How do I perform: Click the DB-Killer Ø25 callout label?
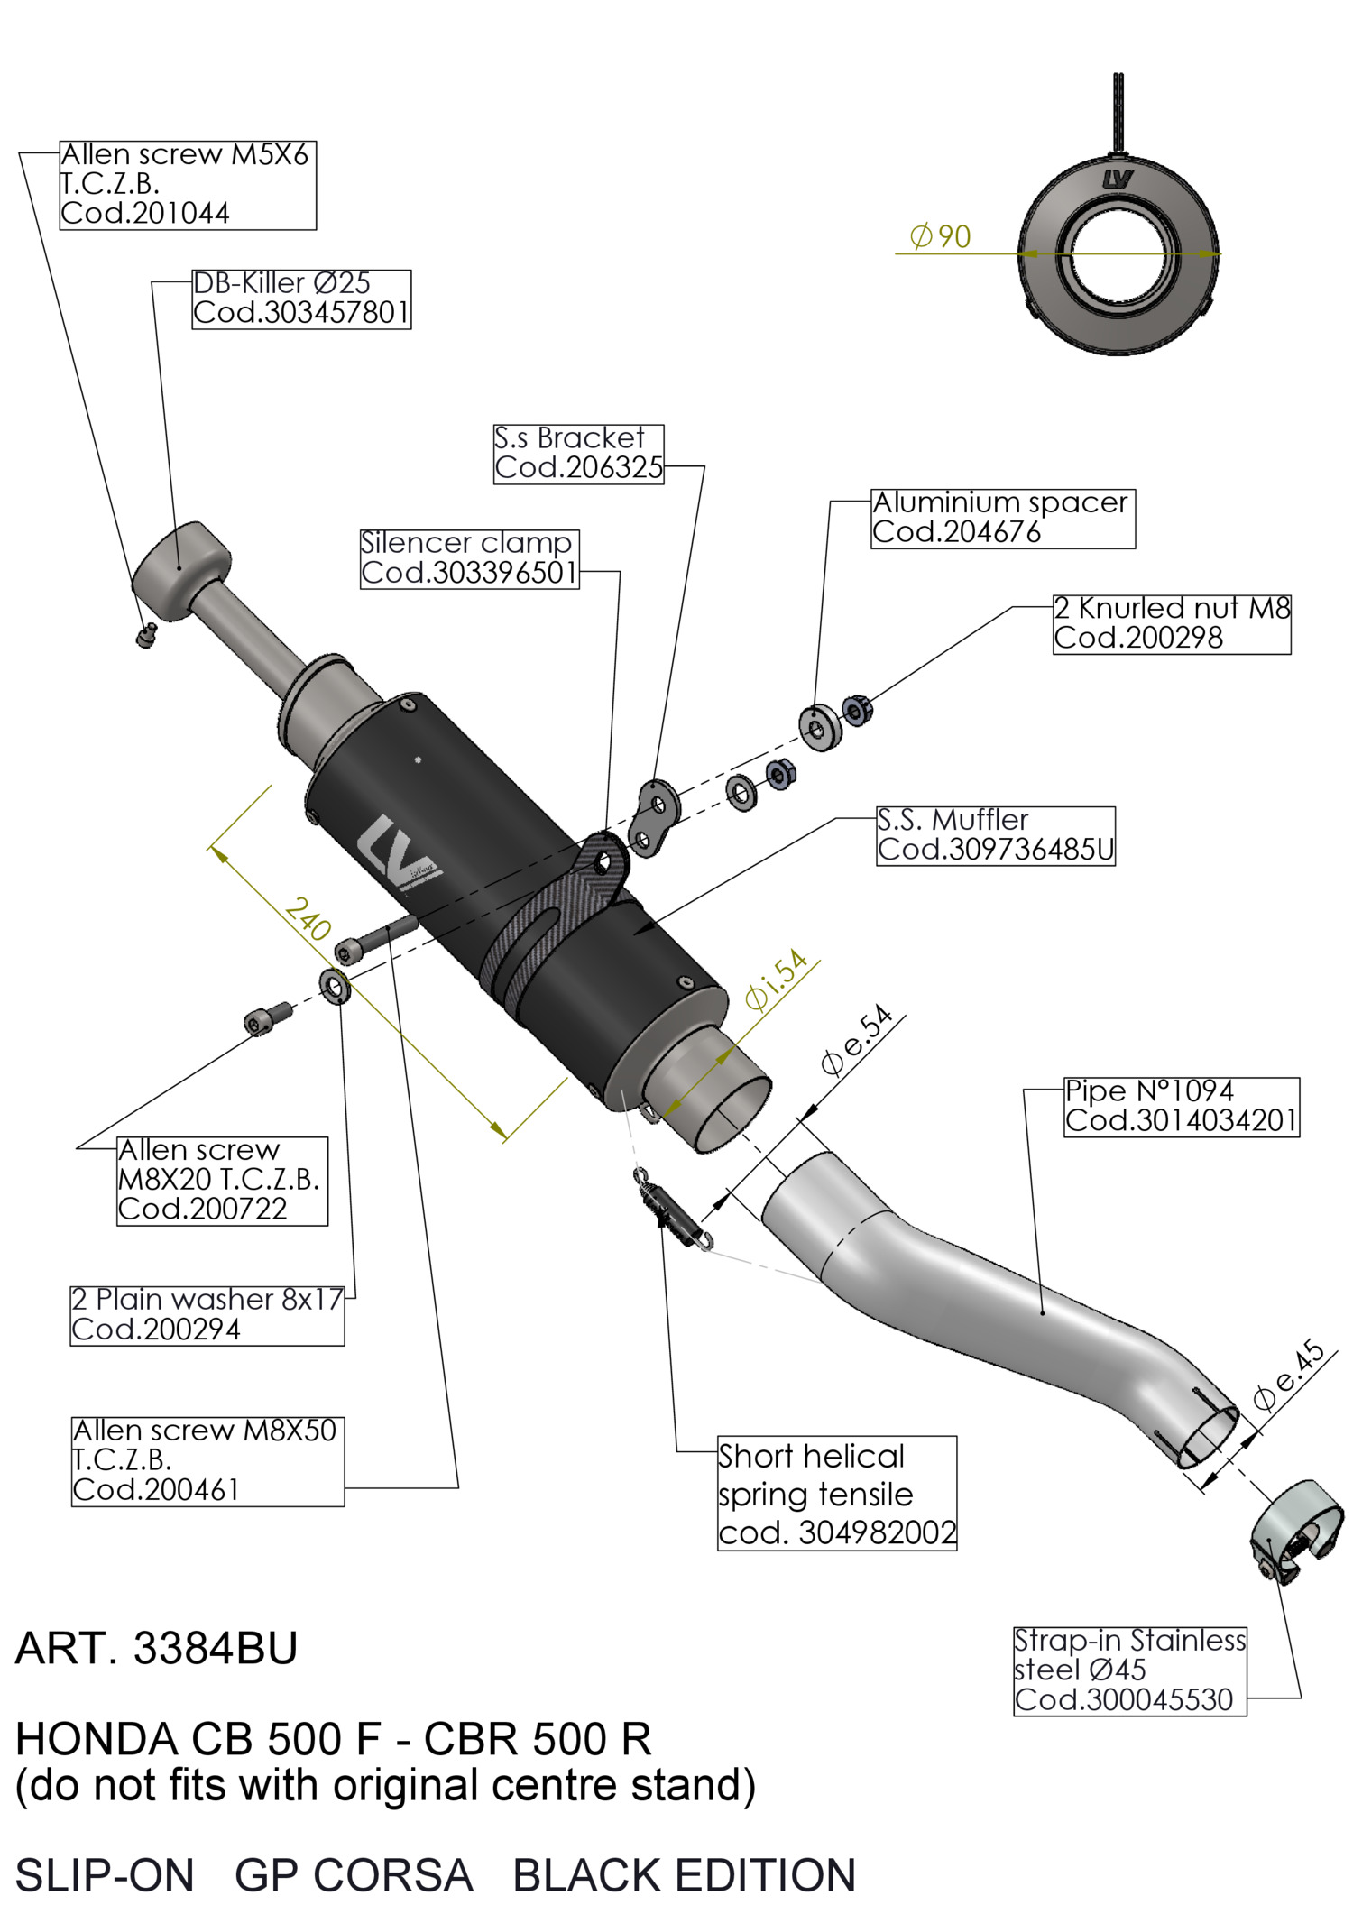point(301,299)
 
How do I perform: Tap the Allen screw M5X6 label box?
point(188,184)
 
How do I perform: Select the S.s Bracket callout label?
point(578,454)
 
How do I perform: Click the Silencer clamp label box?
point(469,558)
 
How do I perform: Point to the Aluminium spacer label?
point(1002,518)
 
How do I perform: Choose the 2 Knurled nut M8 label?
point(1171,623)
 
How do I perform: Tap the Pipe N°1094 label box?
point(1181,1106)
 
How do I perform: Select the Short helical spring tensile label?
point(836,1493)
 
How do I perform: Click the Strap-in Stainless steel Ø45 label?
point(1129,1670)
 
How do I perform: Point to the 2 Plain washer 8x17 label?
point(207,1314)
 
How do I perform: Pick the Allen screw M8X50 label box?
point(207,1460)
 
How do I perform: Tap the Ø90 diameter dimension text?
point(941,237)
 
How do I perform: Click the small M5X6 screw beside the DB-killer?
point(146,636)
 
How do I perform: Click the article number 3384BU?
point(157,1649)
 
